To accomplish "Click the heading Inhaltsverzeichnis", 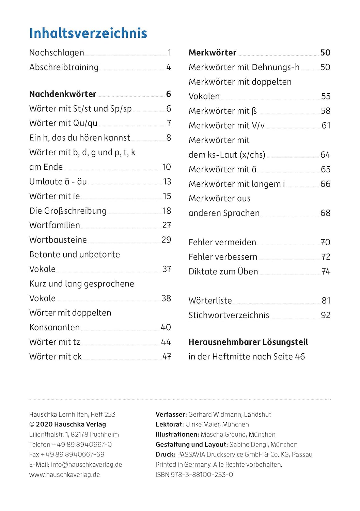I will (88, 33).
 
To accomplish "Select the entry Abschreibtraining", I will (64, 67).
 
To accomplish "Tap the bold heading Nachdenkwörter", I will (63, 94).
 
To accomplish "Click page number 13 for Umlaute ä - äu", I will (167, 182).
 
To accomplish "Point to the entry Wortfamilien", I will (54, 225).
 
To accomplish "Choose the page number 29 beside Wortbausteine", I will (166, 240).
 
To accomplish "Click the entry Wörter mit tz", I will (54, 342).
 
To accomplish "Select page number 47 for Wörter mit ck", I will (167, 357).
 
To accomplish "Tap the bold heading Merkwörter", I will (212, 52).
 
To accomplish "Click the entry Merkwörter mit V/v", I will (226, 126).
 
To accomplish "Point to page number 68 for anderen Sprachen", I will (325, 213).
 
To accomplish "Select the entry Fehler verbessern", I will (223, 257).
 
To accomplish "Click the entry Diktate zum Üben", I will (223, 272).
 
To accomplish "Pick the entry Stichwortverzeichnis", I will (229, 315).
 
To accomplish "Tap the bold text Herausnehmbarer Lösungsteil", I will (248, 342).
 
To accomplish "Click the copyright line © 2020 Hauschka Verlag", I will (67, 424).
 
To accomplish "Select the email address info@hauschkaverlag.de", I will (87, 465).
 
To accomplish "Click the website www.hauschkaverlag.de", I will (64, 475).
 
